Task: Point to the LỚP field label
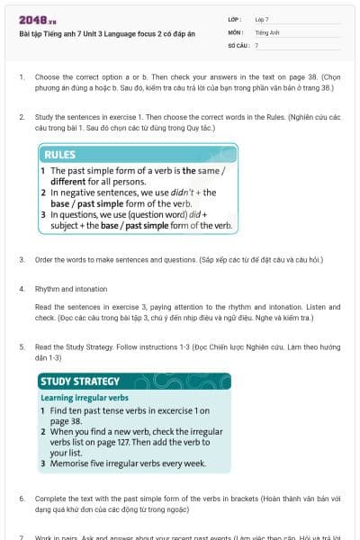pos(236,18)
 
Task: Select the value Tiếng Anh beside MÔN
pos(267,31)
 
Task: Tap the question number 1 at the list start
pos(21,77)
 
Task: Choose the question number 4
pos(21,289)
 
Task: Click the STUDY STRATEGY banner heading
pos(80,382)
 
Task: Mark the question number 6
pos(21,498)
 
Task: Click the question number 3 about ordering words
pos(21,259)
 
